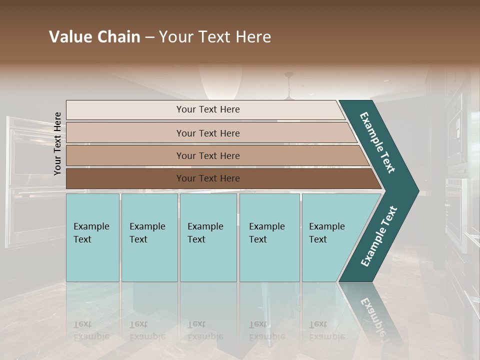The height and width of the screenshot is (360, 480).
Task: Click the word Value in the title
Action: pos(69,37)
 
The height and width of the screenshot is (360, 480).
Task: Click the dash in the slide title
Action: pos(149,37)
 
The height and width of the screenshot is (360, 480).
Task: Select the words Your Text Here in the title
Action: pos(215,37)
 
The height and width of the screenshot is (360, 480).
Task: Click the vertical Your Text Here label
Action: pos(57,143)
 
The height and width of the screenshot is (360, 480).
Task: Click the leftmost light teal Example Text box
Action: pos(92,237)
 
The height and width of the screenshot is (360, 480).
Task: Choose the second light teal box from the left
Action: pos(149,237)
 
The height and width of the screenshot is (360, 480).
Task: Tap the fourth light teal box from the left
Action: pos(269,237)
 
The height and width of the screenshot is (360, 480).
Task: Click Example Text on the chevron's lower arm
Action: pos(379,236)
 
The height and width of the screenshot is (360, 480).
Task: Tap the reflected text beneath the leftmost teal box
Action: pos(91,330)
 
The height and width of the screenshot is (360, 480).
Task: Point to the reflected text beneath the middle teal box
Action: pos(205,330)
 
